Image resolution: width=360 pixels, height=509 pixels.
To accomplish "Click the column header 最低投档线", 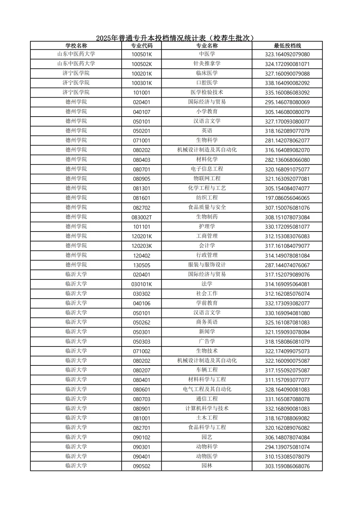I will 287,46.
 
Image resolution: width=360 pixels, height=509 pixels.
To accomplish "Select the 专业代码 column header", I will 142,46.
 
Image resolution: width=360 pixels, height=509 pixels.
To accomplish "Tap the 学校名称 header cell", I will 76,46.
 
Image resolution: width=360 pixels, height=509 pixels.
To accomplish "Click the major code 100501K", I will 142,54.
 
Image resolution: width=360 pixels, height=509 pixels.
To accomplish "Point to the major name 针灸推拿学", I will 207,64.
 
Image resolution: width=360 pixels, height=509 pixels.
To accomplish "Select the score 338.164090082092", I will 287,83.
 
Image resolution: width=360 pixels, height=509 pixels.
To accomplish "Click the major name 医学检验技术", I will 207,92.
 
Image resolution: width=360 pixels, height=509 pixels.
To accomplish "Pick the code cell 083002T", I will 142,217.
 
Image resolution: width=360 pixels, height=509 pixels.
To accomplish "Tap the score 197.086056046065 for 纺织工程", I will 287,198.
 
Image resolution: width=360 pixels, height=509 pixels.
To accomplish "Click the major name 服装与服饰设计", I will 207,265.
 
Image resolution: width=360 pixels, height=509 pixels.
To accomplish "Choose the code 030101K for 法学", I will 142,284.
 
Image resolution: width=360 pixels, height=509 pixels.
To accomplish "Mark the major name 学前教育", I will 207,303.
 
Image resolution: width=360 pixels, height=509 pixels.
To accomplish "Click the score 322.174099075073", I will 287,351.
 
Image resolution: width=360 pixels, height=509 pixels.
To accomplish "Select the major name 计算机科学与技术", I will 207,408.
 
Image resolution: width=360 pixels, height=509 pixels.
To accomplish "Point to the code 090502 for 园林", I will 142,466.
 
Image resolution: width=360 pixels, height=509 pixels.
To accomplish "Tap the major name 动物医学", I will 207,456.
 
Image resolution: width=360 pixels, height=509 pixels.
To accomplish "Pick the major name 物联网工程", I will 207,179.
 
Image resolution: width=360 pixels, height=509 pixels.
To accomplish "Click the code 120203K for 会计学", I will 142,246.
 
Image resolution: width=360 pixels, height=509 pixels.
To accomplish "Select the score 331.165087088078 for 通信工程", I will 287,399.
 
